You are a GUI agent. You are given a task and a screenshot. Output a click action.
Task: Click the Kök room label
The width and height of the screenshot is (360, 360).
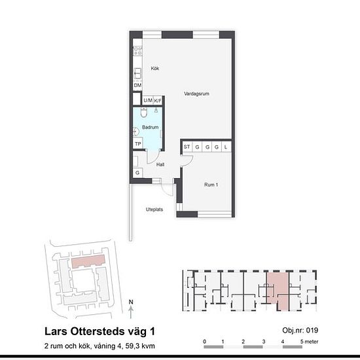155,69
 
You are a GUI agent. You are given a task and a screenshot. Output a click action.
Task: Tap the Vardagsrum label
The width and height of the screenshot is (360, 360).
196,94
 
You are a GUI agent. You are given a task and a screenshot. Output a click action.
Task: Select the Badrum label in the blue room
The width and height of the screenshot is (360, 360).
151,127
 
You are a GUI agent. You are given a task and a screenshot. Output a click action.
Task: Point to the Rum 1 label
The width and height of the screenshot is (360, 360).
211,185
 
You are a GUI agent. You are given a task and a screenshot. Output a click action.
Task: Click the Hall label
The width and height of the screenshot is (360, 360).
160,164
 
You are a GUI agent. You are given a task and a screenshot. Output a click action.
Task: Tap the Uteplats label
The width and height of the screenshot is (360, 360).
154,209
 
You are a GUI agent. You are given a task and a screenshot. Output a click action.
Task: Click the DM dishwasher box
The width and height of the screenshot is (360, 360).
137,85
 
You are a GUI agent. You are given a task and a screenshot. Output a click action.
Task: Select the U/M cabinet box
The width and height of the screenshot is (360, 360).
148,100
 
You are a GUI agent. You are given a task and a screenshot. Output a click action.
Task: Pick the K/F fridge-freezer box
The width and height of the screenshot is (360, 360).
158,100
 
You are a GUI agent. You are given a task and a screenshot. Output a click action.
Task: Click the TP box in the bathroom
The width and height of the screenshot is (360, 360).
138,144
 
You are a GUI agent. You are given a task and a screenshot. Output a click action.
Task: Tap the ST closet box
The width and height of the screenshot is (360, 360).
187,147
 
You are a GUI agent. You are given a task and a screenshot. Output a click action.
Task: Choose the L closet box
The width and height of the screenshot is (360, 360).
226,147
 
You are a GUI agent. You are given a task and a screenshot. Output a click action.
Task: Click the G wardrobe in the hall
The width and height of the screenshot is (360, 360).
137,173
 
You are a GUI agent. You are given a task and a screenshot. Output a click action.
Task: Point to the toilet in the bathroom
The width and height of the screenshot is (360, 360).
144,113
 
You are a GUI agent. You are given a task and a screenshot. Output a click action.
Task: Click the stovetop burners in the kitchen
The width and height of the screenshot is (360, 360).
137,51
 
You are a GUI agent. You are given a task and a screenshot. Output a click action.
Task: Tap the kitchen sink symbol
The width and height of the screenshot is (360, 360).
137,74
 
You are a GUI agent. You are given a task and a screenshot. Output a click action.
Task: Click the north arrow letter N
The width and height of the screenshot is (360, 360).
131,302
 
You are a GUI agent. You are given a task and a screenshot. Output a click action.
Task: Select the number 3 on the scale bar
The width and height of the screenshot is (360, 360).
264,342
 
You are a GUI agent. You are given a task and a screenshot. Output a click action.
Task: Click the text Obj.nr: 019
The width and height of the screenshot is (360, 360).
300,331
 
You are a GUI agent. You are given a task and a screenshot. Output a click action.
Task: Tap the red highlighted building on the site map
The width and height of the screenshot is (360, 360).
88,261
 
